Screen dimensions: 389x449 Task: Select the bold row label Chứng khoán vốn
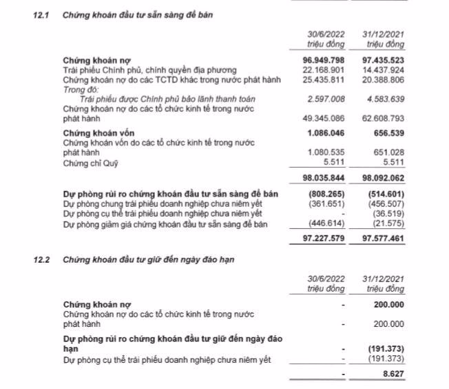pyautogui.click(x=96, y=132)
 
